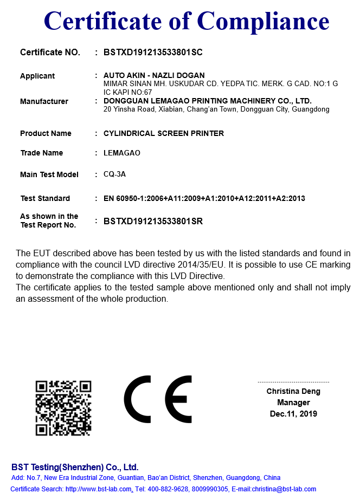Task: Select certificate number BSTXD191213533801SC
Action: (153, 53)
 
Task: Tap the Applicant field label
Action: (37, 76)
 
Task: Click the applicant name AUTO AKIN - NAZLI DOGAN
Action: (154, 75)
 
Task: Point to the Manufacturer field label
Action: (44, 101)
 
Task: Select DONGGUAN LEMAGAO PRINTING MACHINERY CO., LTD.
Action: (207, 101)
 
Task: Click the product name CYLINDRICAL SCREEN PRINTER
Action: (163, 133)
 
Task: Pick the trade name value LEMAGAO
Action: (121, 153)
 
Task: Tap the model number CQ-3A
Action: (114, 174)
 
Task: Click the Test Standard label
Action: (45, 198)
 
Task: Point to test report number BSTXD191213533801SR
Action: (153, 221)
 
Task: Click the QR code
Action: (63, 408)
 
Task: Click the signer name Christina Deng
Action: (293, 391)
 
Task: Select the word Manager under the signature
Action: (293, 402)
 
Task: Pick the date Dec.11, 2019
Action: (293, 414)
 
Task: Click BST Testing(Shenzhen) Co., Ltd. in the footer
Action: (75, 467)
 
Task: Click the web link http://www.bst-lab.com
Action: (99, 489)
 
